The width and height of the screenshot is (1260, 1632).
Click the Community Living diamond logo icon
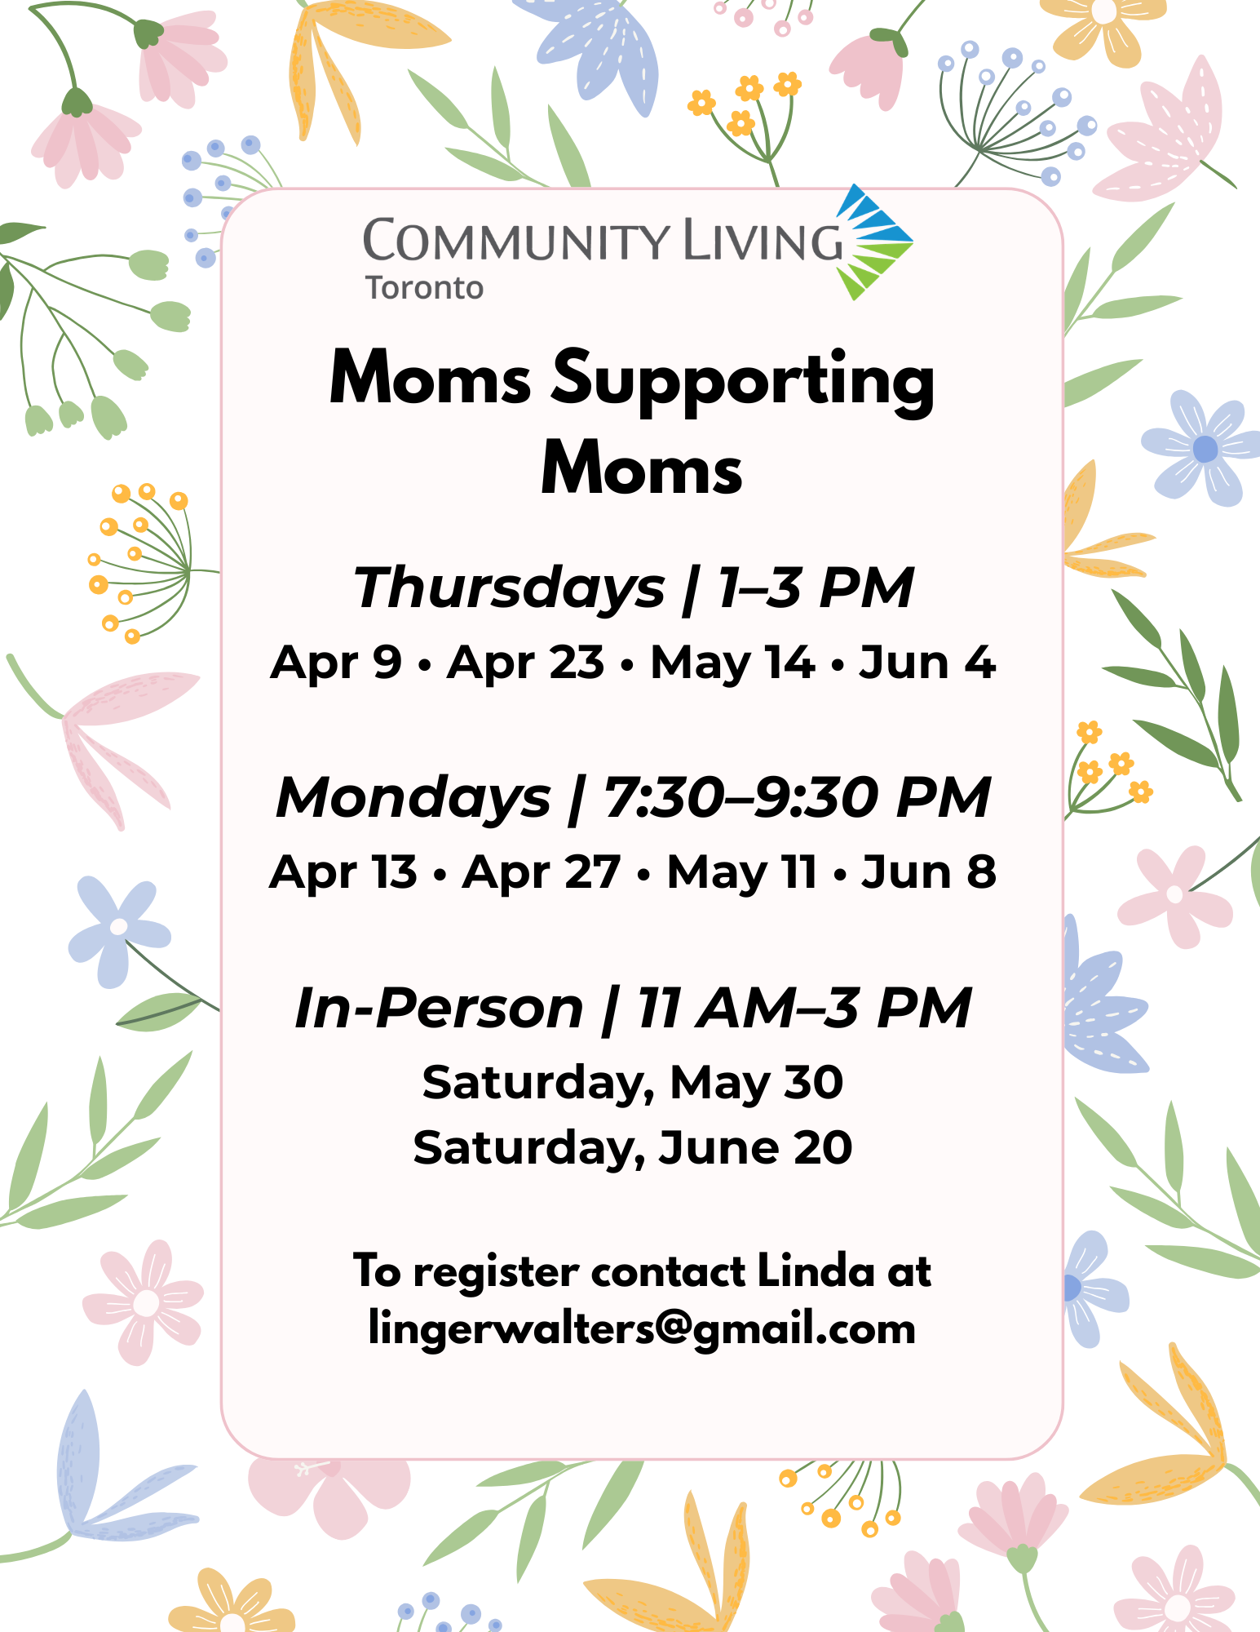tap(874, 242)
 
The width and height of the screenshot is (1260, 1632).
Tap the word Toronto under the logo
tap(424, 288)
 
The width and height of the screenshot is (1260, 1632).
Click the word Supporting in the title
tap(743, 379)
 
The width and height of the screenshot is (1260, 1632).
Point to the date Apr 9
tap(336, 662)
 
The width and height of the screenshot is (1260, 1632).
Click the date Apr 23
tap(526, 662)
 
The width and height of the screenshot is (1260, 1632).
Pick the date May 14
tap(732, 663)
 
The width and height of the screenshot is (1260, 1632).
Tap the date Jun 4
tap(928, 662)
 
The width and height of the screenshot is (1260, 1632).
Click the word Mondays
tap(414, 798)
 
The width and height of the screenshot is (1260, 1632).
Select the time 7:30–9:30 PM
tap(798, 797)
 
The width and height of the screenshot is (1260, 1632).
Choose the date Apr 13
tap(343, 872)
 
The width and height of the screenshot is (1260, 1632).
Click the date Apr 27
tap(542, 872)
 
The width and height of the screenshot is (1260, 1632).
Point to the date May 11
tap(742, 873)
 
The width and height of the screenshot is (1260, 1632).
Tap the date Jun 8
tap(930, 872)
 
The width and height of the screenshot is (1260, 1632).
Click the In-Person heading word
tap(439, 1009)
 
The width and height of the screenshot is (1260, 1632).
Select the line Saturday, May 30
tap(633, 1084)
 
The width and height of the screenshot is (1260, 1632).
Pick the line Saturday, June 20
tap(633, 1148)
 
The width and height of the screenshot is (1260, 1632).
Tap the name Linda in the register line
tap(816, 1271)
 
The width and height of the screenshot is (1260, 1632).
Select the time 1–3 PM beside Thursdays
tap(816, 588)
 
